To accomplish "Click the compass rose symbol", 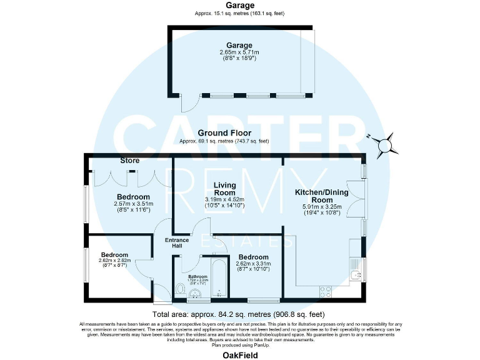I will click(386, 143).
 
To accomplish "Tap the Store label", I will click(129, 161).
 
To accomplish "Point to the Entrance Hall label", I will click(176, 243).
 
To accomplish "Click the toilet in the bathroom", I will click(180, 289).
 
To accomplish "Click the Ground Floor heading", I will click(224, 133).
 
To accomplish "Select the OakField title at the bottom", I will click(239, 354).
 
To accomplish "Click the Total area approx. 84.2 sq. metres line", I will click(239, 314).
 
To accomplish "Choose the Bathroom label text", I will click(197, 276).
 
